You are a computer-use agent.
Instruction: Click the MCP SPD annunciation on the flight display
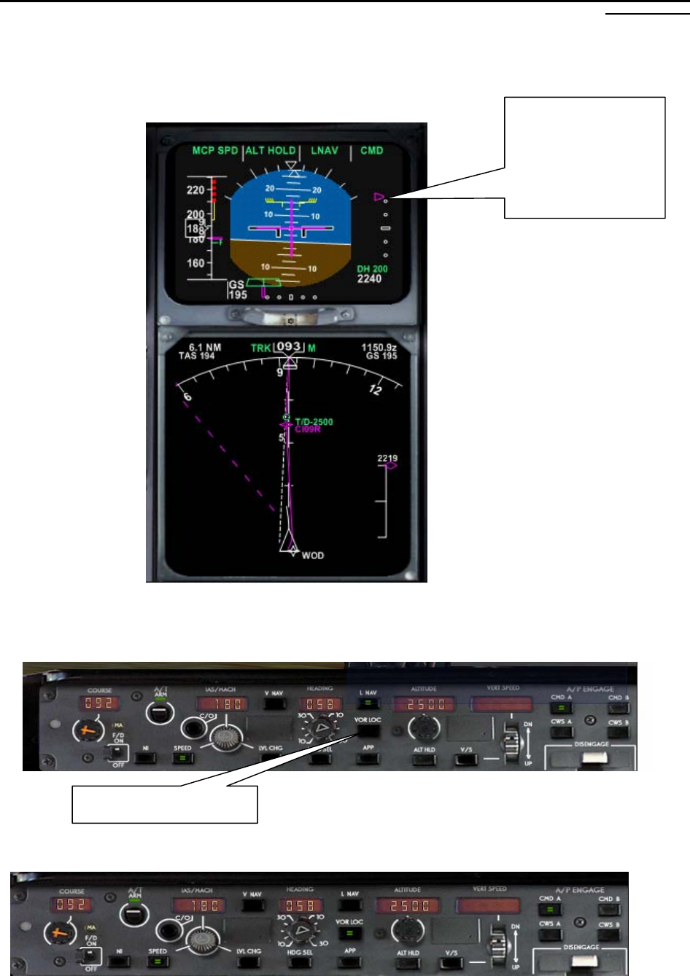pos(215,151)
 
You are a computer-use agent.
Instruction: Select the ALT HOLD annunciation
pos(271,151)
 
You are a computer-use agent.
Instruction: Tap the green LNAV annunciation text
pos(325,151)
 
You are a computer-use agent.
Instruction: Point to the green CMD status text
pos(371,151)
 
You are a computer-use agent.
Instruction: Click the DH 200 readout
pos(372,269)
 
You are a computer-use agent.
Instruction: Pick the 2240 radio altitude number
pos(369,278)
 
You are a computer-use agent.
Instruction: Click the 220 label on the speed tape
pos(195,190)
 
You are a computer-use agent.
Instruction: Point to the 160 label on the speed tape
pos(195,263)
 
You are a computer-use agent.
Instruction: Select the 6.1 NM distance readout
pos(204,348)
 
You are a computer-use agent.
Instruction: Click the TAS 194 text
pos(197,356)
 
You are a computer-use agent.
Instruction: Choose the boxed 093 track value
pos(289,347)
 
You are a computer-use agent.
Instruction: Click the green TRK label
pos(261,348)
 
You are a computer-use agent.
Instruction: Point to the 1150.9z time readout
pos(379,348)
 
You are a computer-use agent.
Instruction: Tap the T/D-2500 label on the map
pos(314,422)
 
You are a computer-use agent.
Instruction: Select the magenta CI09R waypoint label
pos(307,429)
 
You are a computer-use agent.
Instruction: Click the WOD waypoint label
pos(313,555)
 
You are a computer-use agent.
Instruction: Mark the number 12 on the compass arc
pos(375,390)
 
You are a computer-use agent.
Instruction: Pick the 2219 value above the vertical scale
pos(387,458)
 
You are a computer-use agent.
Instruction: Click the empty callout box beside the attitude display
pos(585,157)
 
